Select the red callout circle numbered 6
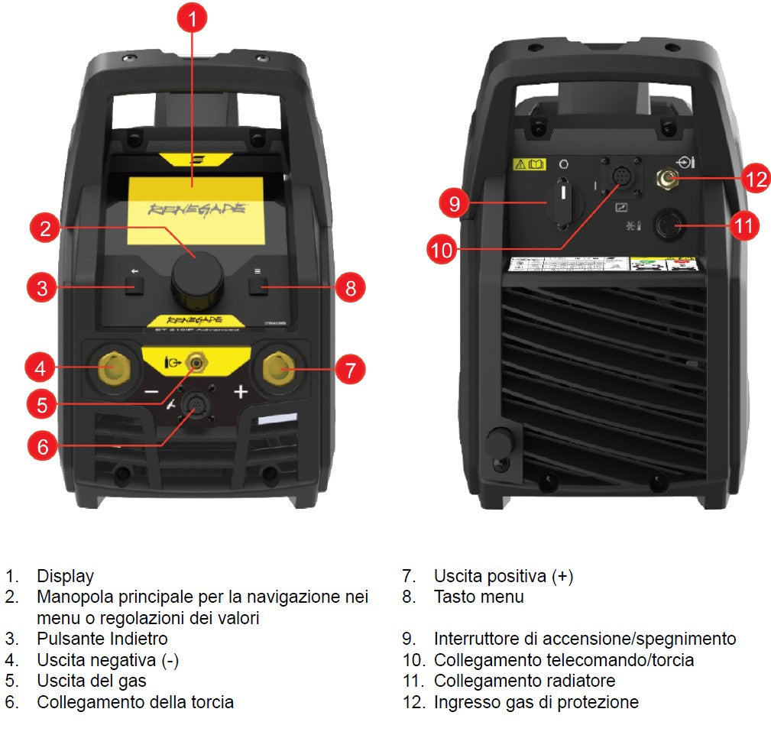[43, 446]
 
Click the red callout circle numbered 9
[454, 204]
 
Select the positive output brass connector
[279, 370]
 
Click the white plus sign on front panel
[241, 392]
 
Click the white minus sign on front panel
[151, 392]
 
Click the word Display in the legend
[65, 577]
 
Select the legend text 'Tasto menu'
[478, 597]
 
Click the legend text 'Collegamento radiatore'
[524, 680]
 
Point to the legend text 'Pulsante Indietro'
[102, 638]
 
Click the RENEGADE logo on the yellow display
[196, 209]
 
